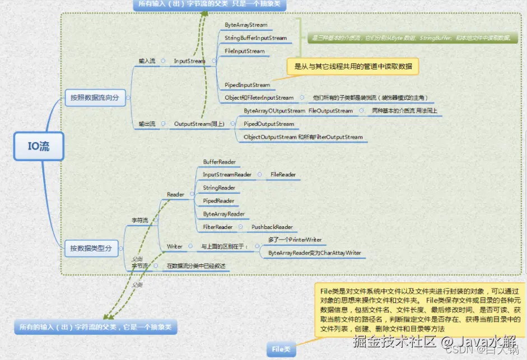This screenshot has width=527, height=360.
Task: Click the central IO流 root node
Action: pos(39,147)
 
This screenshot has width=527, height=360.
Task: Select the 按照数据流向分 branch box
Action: pos(94,97)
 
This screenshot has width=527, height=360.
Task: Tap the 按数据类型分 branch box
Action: pos(91,248)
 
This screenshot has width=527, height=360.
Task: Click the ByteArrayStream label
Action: pos(246,25)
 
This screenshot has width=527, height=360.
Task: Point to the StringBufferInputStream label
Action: pos(255,38)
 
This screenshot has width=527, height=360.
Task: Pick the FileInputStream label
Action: pos(245,51)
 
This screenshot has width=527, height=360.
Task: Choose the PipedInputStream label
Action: pos(247,85)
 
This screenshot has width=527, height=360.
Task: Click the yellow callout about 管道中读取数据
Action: pos(352,67)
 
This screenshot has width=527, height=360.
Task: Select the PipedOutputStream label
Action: pos(269,124)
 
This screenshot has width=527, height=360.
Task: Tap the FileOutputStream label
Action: pos(330,111)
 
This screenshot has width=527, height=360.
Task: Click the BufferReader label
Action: pos(220,162)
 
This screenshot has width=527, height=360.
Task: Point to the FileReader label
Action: pos(283,175)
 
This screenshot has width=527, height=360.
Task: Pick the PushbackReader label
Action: pos(272,227)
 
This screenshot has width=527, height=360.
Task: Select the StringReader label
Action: pos(219,188)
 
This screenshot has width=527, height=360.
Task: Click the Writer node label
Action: pos(175,246)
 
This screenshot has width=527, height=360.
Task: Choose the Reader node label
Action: pos(175,194)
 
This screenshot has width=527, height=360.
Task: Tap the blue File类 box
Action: pos(281,349)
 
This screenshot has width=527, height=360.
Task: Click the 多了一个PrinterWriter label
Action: pos(295,240)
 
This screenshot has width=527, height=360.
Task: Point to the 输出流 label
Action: pos(147,123)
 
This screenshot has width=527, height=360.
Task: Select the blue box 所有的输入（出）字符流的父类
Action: pos(95,327)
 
